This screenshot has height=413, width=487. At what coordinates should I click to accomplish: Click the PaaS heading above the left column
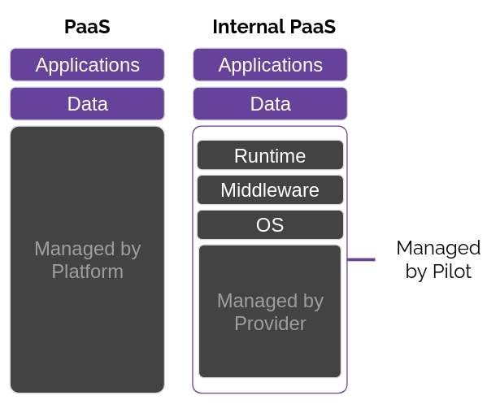pyautogui.click(x=87, y=27)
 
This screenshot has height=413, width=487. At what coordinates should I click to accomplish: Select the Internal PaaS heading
pyautogui.click(x=274, y=27)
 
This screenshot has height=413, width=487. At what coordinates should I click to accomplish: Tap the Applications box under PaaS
pyautogui.click(x=87, y=64)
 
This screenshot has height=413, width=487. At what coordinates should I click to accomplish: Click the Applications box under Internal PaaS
pyautogui.click(x=270, y=64)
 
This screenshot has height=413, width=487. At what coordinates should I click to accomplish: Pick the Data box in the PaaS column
pyautogui.click(x=87, y=104)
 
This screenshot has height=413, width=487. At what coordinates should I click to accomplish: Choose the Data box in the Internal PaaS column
pyautogui.click(x=270, y=104)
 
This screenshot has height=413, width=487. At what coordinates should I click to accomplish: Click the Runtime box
pyautogui.click(x=270, y=155)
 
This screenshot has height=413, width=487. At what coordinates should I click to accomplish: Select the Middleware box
pyautogui.click(x=270, y=189)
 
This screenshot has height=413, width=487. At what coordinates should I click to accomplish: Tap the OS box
pyautogui.click(x=270, y=225)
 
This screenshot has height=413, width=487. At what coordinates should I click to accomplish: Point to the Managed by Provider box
pyautogui.click(x=270, y=311)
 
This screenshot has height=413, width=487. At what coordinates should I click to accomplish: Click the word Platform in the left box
pyautogui.click(x=88, y=272)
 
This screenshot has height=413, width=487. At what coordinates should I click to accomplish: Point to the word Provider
pyautogui.click(x=270, y=324)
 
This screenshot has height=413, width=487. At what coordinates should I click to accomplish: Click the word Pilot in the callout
pyautogui.click(x=452, y=272)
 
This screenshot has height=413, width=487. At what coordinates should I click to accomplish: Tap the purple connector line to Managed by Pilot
pyautogui.click(x=361, y=259)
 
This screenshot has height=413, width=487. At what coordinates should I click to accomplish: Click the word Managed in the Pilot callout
pyautogui.click(x=438, y=249)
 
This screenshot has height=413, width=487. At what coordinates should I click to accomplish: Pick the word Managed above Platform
pyautogui.click(x=75, y=249)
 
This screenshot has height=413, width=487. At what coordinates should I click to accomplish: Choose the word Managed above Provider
pyautogui.click(x=258, y=301)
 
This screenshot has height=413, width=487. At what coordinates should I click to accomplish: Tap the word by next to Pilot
pyautogui.click(x=417, y=272)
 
